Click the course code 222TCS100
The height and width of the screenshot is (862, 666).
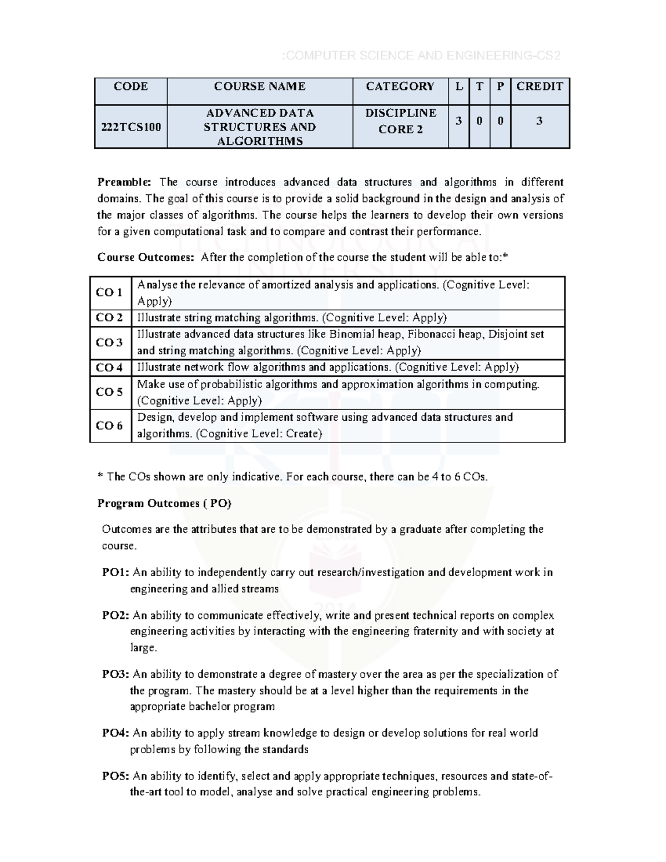[x=131, y=127]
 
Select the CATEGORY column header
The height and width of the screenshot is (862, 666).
[x=400, y=87]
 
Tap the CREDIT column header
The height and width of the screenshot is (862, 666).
[x=539, y=87]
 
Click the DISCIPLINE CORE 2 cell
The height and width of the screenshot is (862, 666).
[x=400, y=121]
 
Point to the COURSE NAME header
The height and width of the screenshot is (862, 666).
[x=260, y=87]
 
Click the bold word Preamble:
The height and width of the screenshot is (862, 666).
[x=124, y=182]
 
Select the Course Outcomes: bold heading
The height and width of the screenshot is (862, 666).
[x=145, y=257]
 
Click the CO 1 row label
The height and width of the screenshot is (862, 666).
[x=109, y=293]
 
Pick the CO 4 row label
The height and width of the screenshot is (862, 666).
[x=109, y=367]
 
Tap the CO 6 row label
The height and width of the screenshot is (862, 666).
[x=109, y=426]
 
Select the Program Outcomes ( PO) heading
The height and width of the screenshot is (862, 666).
[x=164, y=503]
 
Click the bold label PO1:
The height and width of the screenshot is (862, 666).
[x=115, y=572]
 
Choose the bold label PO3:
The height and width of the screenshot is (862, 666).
[x=115, y=674]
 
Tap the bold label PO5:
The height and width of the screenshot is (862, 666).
[x=115, y=776]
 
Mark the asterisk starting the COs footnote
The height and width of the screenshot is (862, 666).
[x=100, y=476]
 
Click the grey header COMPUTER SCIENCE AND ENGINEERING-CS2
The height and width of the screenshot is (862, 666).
[x=422, y=56]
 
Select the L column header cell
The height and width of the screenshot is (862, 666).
[x=458, y=87]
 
